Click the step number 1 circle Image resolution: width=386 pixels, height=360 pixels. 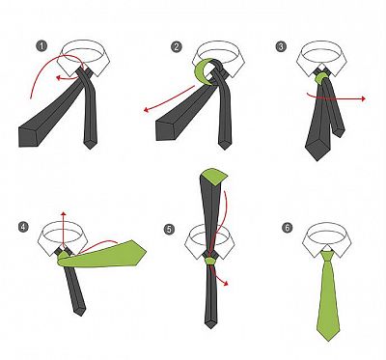41,46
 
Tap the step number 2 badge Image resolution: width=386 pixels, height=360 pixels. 177,47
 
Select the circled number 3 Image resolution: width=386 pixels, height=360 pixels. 281,46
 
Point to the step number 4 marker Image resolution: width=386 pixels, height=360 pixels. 23,227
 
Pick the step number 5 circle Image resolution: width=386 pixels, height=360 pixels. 169,230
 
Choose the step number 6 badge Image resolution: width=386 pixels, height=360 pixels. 288,228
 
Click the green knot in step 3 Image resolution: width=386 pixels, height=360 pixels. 320,78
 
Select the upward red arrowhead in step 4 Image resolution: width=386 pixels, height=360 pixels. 64,213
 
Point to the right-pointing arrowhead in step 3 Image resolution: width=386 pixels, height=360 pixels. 363,98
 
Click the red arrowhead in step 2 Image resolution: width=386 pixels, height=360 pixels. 146,110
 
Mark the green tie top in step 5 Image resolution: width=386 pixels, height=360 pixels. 214,174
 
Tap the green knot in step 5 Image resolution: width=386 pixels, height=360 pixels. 210,260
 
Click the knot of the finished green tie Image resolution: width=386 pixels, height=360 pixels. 327,257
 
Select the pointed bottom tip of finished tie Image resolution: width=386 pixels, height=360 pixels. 329,340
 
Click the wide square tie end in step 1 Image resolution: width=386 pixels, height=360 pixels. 30,137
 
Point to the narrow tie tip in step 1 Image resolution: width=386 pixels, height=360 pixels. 91,146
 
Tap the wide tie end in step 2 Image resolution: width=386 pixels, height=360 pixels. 166,130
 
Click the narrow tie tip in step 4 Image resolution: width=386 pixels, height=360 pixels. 80,312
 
